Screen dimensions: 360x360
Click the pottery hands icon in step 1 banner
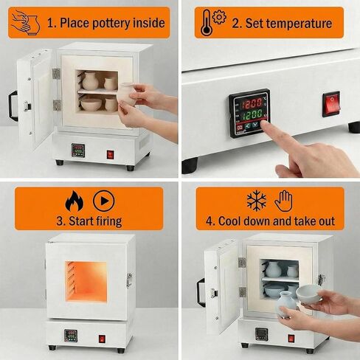tap(26, 22)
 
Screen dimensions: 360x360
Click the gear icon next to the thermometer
tap(219, 17)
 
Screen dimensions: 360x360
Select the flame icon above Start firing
tap(75, 200)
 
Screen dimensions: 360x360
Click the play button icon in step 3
tap(103, 200)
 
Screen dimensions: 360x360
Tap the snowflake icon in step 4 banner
tap(256, 200)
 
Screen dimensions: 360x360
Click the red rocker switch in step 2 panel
tap(331, 104)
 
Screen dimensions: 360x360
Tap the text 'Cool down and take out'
tap(270, 221)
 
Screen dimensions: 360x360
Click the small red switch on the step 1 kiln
tap(110, 154)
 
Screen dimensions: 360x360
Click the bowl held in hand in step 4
tap(309, 292)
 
